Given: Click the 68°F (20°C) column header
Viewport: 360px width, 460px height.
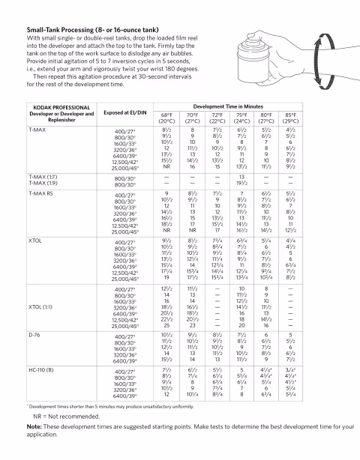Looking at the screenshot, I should (166, 118).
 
